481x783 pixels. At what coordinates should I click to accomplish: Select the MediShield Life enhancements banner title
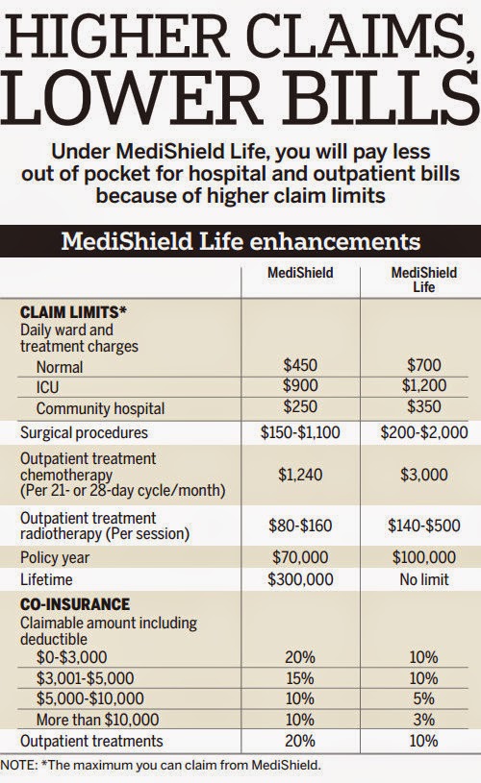(240, 240)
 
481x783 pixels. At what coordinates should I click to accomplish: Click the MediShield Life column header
(421, 280)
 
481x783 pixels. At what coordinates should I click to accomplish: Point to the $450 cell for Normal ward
(299, 367)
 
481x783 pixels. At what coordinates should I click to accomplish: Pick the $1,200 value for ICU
(421, 387)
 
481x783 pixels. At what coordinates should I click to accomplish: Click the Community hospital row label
(100, 407)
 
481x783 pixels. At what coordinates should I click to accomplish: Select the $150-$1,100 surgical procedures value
(299, 432)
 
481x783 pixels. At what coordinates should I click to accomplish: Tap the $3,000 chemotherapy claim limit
(421, 474)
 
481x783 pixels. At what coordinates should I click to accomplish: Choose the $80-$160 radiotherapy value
(299, 526)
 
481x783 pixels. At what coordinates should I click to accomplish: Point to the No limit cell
(421, 579)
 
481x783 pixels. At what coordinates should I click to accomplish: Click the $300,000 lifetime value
(299, 579)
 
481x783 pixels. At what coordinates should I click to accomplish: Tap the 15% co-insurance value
(299, 677)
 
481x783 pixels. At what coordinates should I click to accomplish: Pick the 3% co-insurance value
(421, 719)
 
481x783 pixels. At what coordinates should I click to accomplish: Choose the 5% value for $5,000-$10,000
(421, 698)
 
